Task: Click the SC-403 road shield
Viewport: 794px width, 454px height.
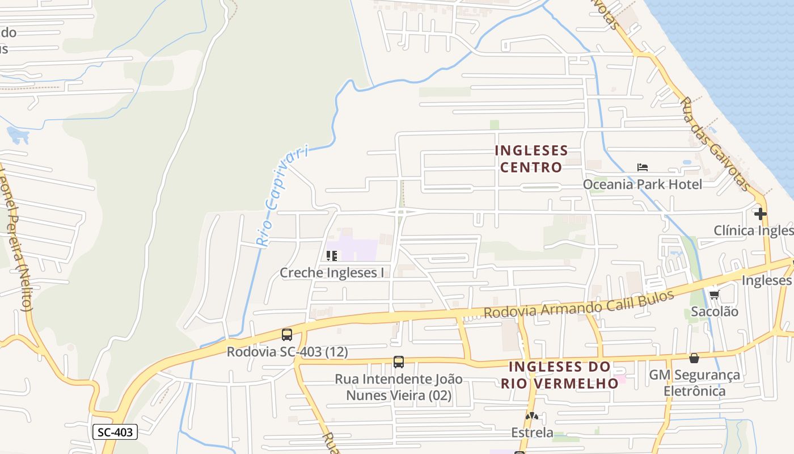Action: coord(115,432)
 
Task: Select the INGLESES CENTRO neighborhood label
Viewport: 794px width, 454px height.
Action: coord(531,158)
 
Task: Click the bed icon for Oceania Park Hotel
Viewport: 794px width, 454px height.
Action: coord(642,167)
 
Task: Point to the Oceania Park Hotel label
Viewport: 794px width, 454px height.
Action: coord(642,184)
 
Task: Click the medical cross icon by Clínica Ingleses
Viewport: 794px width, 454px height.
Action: coord(761,214)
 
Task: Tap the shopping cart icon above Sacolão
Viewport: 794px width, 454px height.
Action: coord(714,295)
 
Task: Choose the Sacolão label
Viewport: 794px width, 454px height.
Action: coord(714,312)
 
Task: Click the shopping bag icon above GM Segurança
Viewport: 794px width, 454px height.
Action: coord(694,358)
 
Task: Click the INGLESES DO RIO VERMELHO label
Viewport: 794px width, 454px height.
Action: coord(559,375)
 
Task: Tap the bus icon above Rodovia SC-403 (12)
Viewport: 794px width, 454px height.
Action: coord(287,335)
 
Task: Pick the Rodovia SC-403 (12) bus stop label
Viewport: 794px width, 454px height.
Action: coord(287,352)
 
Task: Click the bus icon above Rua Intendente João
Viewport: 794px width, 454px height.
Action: coord(399,362)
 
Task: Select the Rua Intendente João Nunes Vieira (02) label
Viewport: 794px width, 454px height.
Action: coord(399,387)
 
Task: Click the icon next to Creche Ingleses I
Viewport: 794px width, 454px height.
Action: coord(332,256)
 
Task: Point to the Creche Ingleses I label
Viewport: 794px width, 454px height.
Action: coord(332,273)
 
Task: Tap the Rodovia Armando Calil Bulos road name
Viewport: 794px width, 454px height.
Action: coord(578,305)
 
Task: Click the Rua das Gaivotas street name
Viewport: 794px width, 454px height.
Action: coord(716,144)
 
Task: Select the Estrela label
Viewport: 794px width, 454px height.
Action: coord(532,432)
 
